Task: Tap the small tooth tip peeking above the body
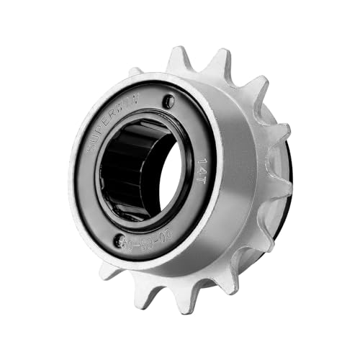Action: (135, 71)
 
